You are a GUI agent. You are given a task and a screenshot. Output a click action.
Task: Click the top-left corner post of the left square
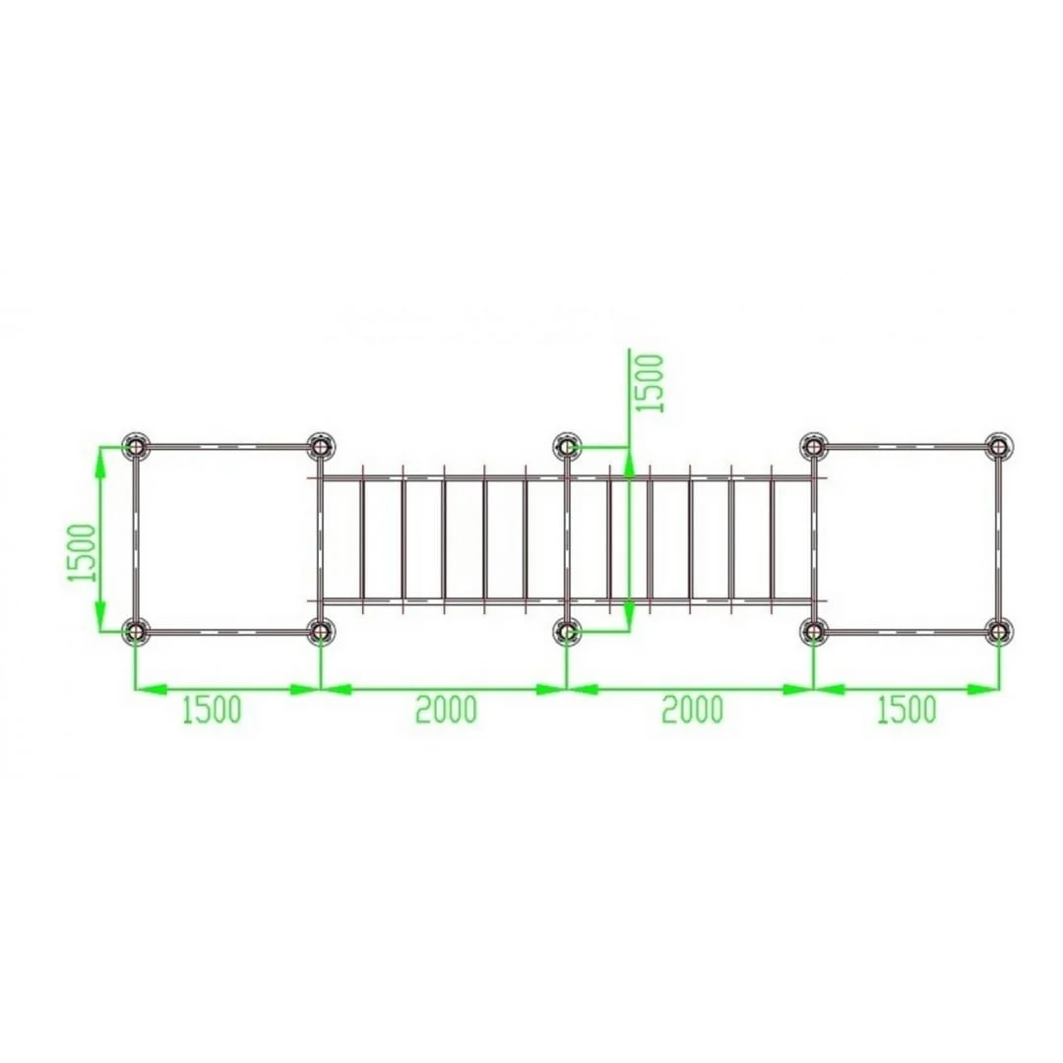(x=136, y=447)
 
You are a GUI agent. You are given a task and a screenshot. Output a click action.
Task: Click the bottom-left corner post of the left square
(x=136, y=632)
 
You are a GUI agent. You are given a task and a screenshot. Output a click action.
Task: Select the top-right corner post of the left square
(x=321, y=447)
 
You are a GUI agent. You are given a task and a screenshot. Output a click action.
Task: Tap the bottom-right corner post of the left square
(x=321, y=632)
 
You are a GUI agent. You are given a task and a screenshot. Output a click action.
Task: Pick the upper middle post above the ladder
(x=567, y=447)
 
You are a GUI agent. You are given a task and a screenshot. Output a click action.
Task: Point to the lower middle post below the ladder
(x=567, y=632)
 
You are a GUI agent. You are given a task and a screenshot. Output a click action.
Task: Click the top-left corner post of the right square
(x=814, y=447)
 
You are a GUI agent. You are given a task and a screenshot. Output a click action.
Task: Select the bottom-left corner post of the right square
(x=814, y=632)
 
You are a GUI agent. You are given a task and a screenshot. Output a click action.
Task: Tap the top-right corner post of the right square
(x=999, y=447)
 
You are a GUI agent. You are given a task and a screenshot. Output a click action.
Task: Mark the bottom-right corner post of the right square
(x=999, y=632)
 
